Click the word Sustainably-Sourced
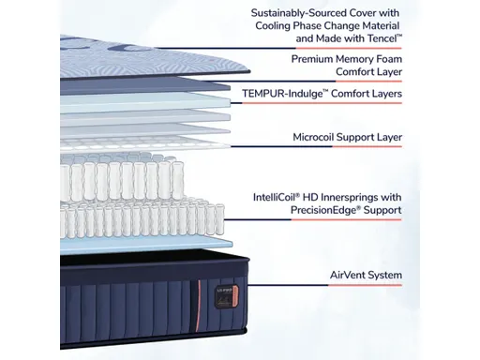pos(288,13)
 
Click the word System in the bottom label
pos(383,276)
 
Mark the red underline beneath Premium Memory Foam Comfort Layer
pos(347,82)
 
